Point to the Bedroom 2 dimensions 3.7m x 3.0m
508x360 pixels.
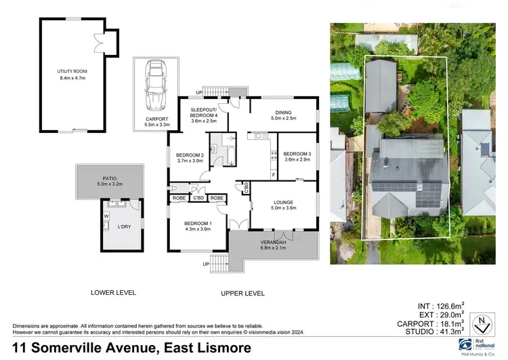tap(190, 161)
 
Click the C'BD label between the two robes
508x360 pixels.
tap(198, 198)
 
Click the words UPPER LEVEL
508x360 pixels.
tap(242, 293)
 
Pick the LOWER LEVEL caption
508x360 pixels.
tap(113, 293)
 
